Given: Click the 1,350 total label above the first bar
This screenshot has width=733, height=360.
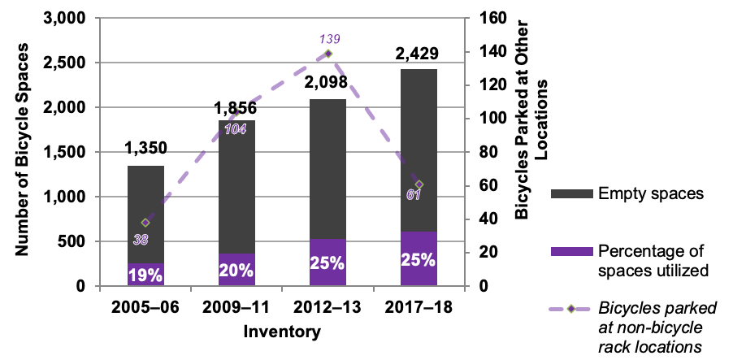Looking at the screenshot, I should click(145, 148).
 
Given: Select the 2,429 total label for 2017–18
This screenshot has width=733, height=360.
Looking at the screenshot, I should click(417, 54).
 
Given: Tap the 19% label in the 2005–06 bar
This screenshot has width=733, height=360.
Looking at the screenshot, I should click(145, 275).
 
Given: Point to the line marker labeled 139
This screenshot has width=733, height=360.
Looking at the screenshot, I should click(328, 54).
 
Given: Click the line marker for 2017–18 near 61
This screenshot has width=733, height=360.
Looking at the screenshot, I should click(419, 184).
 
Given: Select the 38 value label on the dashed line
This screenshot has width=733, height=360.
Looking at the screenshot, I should click(141, 239).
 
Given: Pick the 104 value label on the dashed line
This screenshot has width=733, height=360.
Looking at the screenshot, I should click(235, 130).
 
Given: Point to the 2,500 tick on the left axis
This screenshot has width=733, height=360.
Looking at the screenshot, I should click(68, 63).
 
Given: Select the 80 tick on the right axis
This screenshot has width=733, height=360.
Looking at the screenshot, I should click(481, 152).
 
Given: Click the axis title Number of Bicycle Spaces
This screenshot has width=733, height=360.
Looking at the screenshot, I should click(24, 151).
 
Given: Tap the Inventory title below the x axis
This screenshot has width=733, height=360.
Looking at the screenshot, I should click(282, 332).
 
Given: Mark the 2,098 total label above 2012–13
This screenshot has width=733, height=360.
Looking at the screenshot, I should click(328, 84).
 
